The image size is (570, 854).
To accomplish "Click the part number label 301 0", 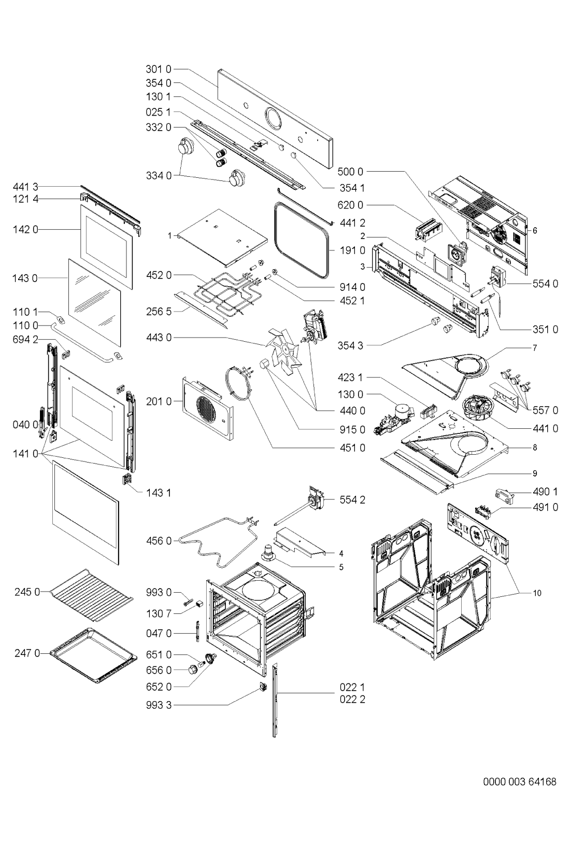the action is [x=159, y=69].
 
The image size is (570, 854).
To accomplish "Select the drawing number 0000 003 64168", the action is [x=520, y=781].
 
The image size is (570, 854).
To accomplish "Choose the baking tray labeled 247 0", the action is [x=94, y=655].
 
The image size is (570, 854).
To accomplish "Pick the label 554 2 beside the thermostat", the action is [x=352, y=500].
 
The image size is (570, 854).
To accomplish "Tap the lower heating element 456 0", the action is [x=218, y=542].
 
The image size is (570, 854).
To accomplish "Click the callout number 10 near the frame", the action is [x=537, y=593].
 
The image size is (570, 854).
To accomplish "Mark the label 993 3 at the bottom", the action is [x=159, y=705].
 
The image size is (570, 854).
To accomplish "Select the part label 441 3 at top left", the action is [x=25, y=187].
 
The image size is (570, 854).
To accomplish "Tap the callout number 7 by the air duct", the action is [x=535, y=348].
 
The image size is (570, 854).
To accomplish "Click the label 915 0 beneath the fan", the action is [x=352, y=430].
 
